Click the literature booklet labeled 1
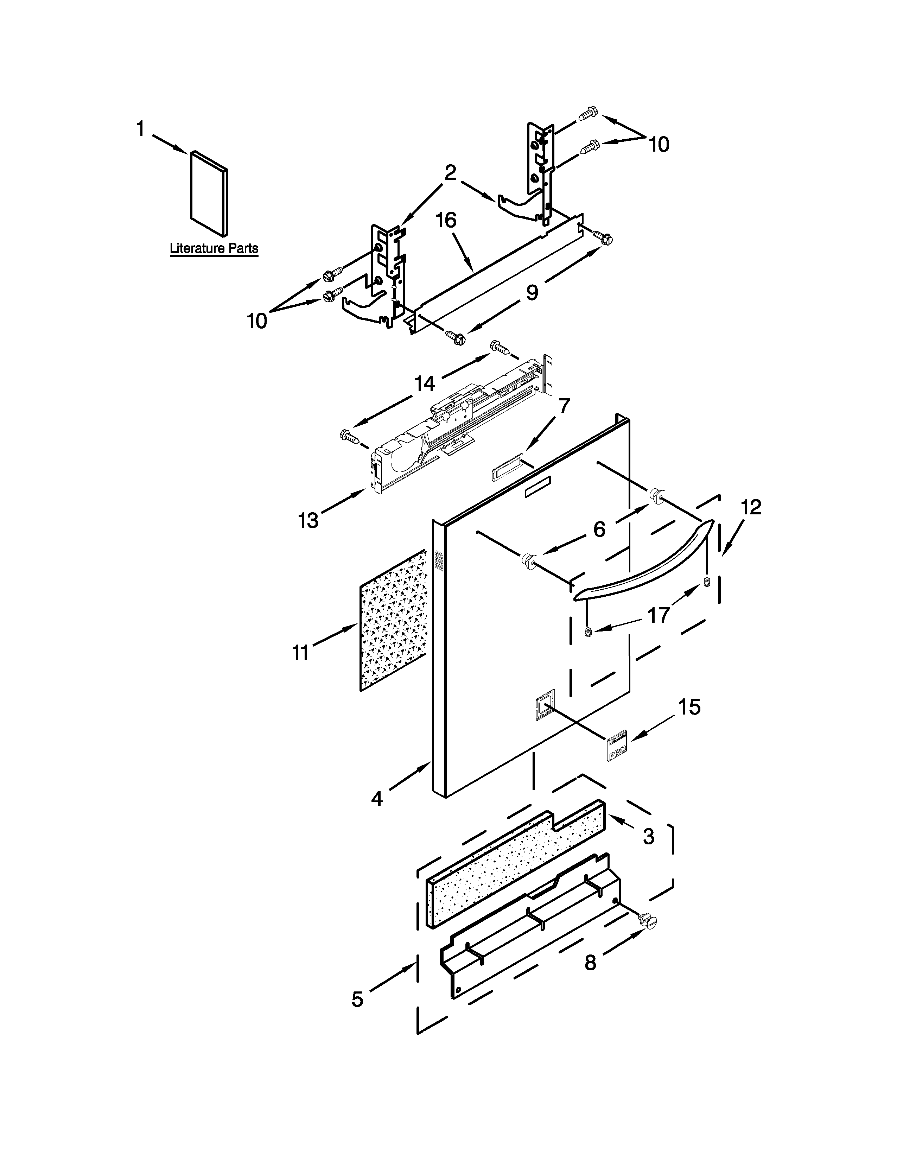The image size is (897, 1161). pos(209,193)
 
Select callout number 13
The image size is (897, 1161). pos(308,520)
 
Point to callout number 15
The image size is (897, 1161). pos(689,707)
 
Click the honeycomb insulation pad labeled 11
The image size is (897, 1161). pos(394,621)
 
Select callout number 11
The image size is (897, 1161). pos(301,652)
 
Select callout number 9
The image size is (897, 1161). pos(532,292)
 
